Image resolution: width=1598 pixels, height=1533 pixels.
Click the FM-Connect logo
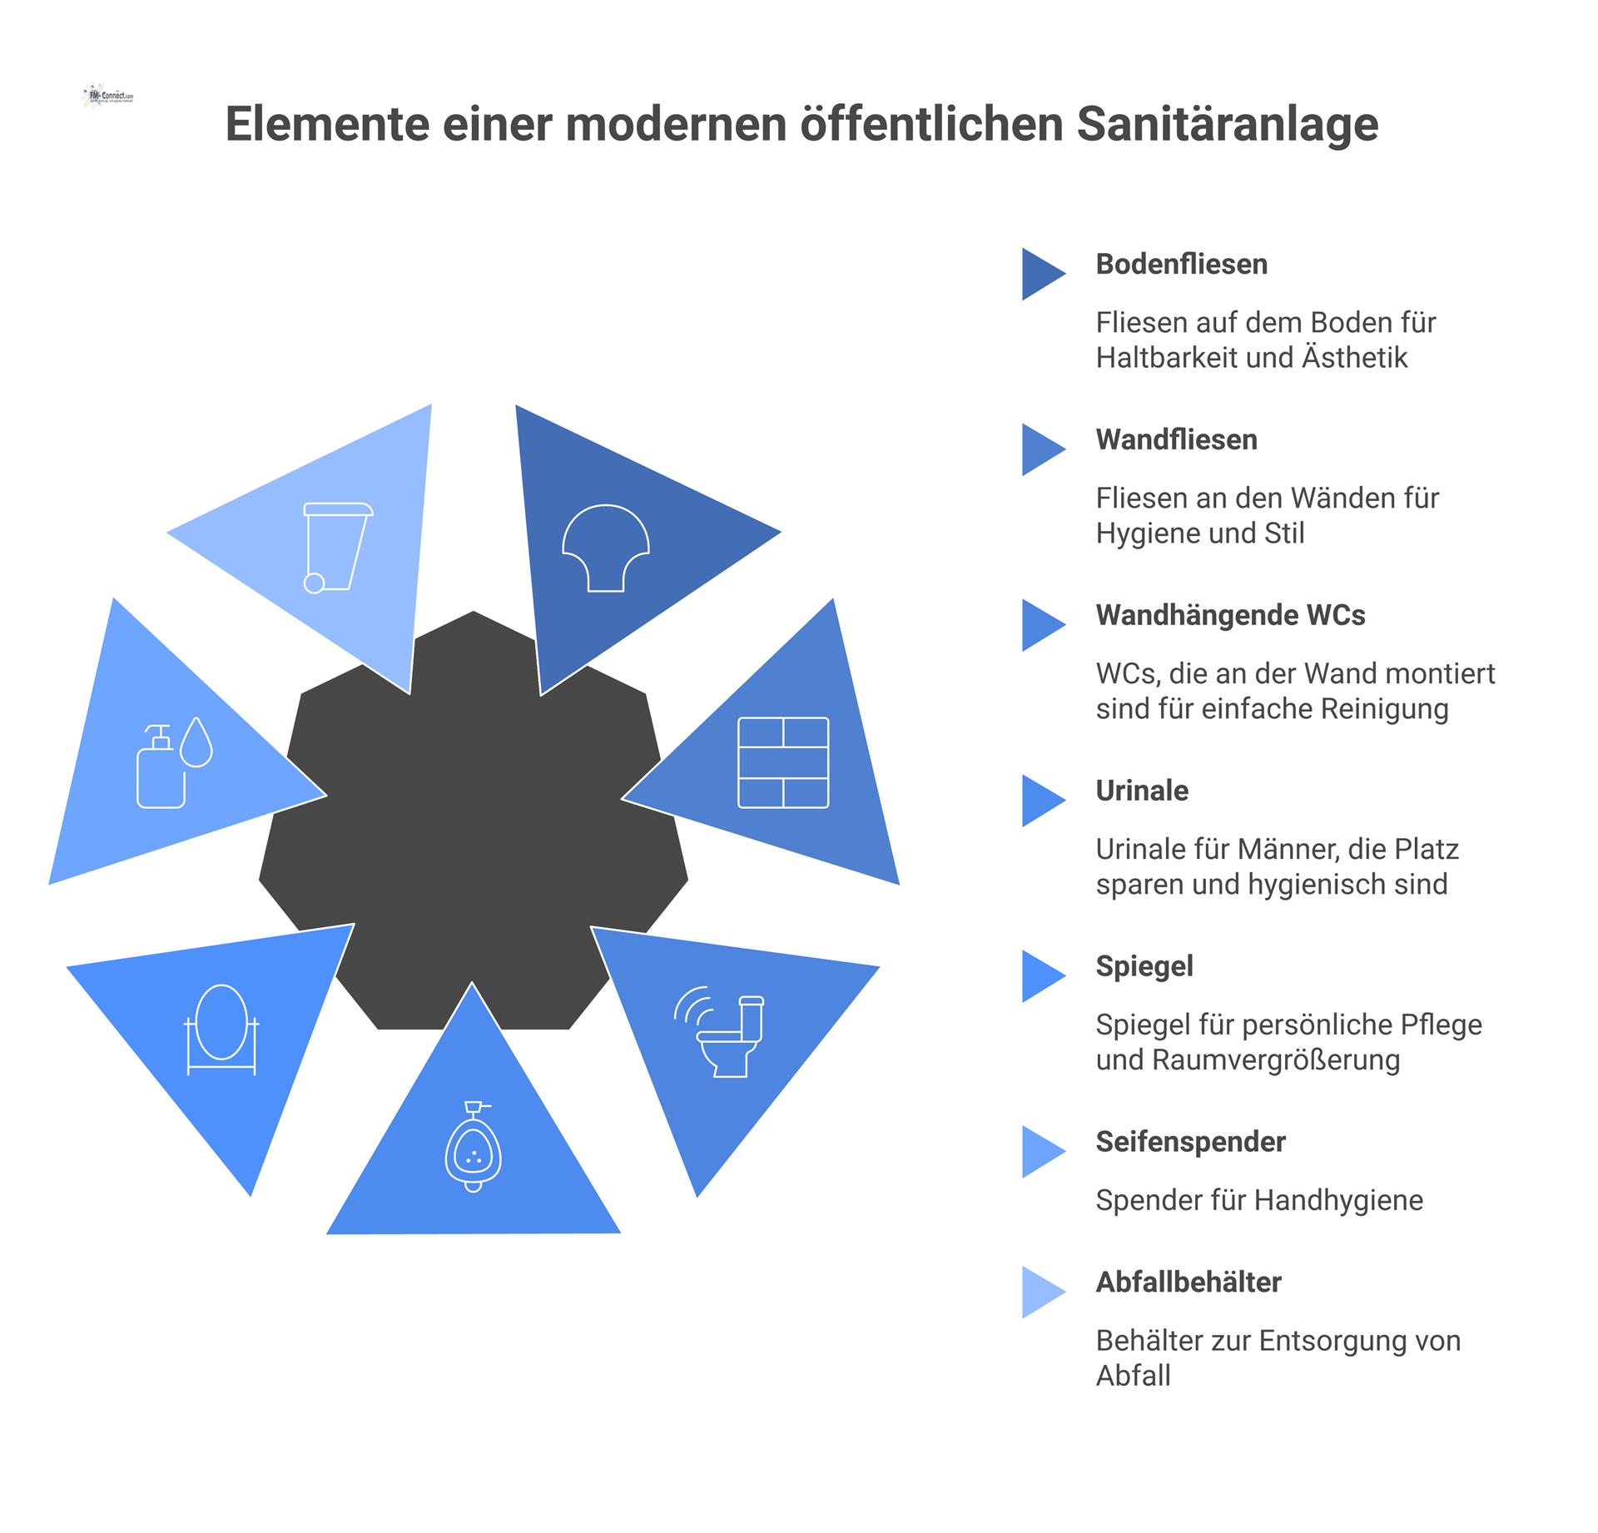point(108,96)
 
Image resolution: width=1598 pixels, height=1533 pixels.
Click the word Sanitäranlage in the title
point(1228,124)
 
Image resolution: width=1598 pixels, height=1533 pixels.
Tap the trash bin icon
point(337,548)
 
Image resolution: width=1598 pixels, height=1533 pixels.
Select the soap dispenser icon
point(175,762)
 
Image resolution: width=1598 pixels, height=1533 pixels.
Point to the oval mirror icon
point(221,1029)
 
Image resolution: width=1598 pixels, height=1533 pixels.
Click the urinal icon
point(474,1146)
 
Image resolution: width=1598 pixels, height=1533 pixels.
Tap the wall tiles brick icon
point(783,762)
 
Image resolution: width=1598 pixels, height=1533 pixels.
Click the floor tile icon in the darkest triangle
point(606,548)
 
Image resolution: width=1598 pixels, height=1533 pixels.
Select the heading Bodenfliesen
point(1181,264)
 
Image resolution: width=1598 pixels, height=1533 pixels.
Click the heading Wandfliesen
point(1176,439)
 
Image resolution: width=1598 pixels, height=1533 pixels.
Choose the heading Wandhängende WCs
point(1230,615)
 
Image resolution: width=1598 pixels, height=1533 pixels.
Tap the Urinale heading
point(1142,791)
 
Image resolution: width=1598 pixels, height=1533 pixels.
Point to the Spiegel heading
point(1144,966)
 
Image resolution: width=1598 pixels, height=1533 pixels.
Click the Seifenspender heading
point(1190,1142)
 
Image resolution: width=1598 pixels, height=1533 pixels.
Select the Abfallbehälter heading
point(1189,1282)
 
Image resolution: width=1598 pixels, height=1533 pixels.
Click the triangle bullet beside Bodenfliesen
point(1042,274)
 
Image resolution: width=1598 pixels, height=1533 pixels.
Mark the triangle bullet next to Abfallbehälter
point(1042,1292)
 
